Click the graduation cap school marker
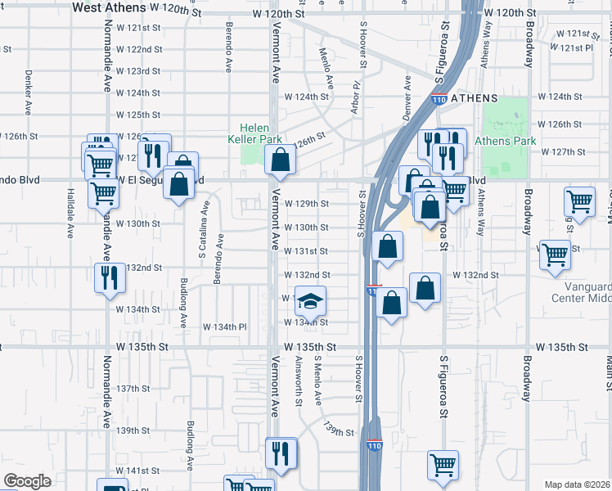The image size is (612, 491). coord(310,302)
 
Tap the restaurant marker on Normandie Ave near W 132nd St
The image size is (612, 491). coord(107,277)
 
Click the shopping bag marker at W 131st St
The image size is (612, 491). coord(388,246)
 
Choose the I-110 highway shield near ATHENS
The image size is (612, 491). coord(439,100)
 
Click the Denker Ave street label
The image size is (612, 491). coord(27,97)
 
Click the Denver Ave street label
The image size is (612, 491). coord(407,97)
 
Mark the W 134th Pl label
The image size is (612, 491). coord(225,327)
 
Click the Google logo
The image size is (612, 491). coord(27,481)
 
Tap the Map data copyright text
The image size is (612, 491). coord(577,484)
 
